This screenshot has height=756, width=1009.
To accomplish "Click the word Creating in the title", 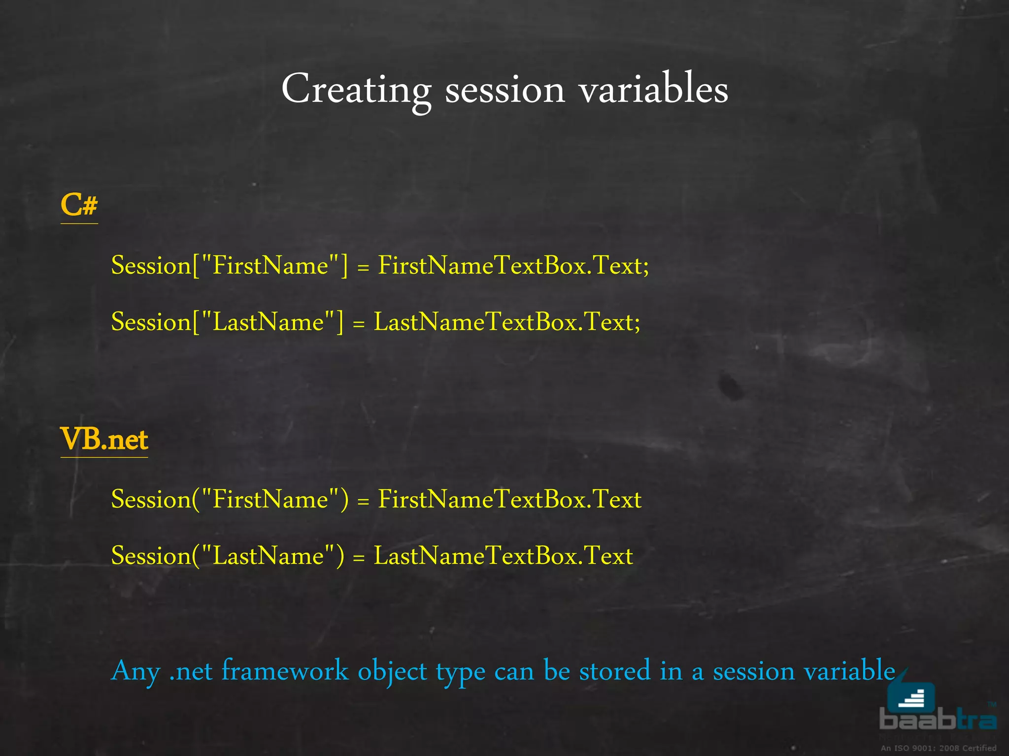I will (x=356, y=90).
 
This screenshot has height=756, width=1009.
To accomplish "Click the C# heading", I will (x=79, y=205).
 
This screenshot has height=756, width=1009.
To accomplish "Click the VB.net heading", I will (x=104, y=439).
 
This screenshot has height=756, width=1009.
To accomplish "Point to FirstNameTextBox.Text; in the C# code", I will (x=513, y=266).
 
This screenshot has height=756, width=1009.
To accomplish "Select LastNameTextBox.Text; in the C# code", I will (x=507, y=322).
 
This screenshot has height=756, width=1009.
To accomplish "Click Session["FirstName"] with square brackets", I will (x=229, y=266).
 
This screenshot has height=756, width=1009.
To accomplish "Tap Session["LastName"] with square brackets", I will (x=227, y=322).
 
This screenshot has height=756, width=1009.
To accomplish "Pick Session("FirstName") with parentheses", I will (x=230, y=500).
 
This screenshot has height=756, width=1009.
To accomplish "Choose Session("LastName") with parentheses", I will (x=228, y=556).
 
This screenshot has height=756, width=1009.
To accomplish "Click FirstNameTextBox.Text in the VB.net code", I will (x=509, y=500).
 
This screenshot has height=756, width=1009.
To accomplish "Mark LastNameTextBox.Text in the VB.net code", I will (x=503, y=556).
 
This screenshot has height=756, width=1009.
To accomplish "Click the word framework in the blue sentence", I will (x=285, y=671).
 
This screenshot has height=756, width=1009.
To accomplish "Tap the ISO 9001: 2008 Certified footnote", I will (x=938, y=748).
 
